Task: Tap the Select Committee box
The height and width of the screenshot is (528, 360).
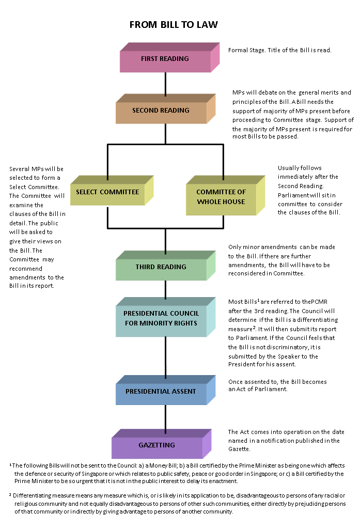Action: tap(107, 194)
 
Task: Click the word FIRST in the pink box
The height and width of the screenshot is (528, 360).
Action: tap(149, 59)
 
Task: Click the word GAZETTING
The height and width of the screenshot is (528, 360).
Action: tap(156, 445)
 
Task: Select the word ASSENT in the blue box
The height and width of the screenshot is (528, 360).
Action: tap(184, 392)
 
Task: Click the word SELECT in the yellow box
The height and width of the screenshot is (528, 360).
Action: tap(87, 192)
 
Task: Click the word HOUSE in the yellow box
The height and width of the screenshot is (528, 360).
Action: tap(234, 202)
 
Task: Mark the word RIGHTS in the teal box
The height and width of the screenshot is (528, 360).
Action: tap(185, 323)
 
